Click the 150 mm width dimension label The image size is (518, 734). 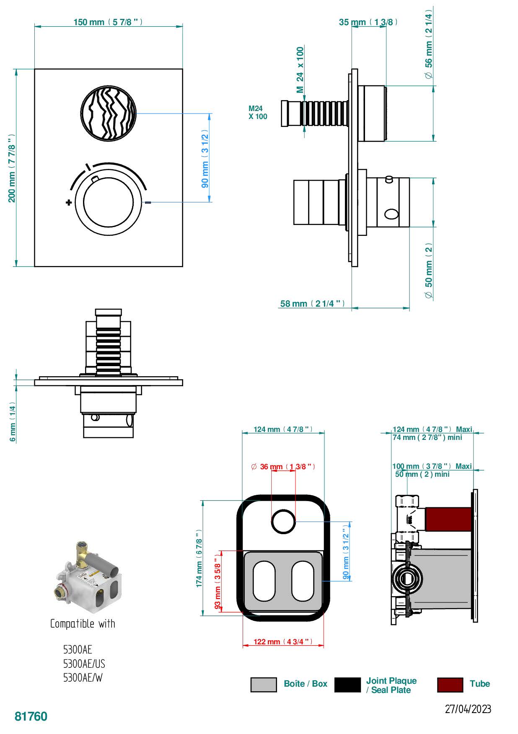108,22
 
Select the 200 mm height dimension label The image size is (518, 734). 12,168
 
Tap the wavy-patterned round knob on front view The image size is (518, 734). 108,114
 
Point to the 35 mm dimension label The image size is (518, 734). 368,22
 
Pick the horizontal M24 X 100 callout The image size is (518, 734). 257,113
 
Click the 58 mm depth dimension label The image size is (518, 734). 312,304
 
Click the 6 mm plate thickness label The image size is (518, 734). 13,423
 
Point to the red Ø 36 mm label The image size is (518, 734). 283,467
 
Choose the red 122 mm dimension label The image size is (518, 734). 283,642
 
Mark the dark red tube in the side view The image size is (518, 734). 448,519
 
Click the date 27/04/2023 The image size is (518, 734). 468,709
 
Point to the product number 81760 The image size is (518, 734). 31,716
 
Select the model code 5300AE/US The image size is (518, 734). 84,664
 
